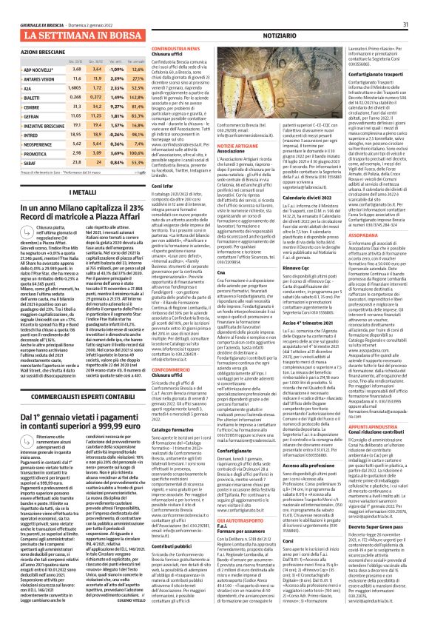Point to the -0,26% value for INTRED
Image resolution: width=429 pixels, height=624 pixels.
(117, 135)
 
